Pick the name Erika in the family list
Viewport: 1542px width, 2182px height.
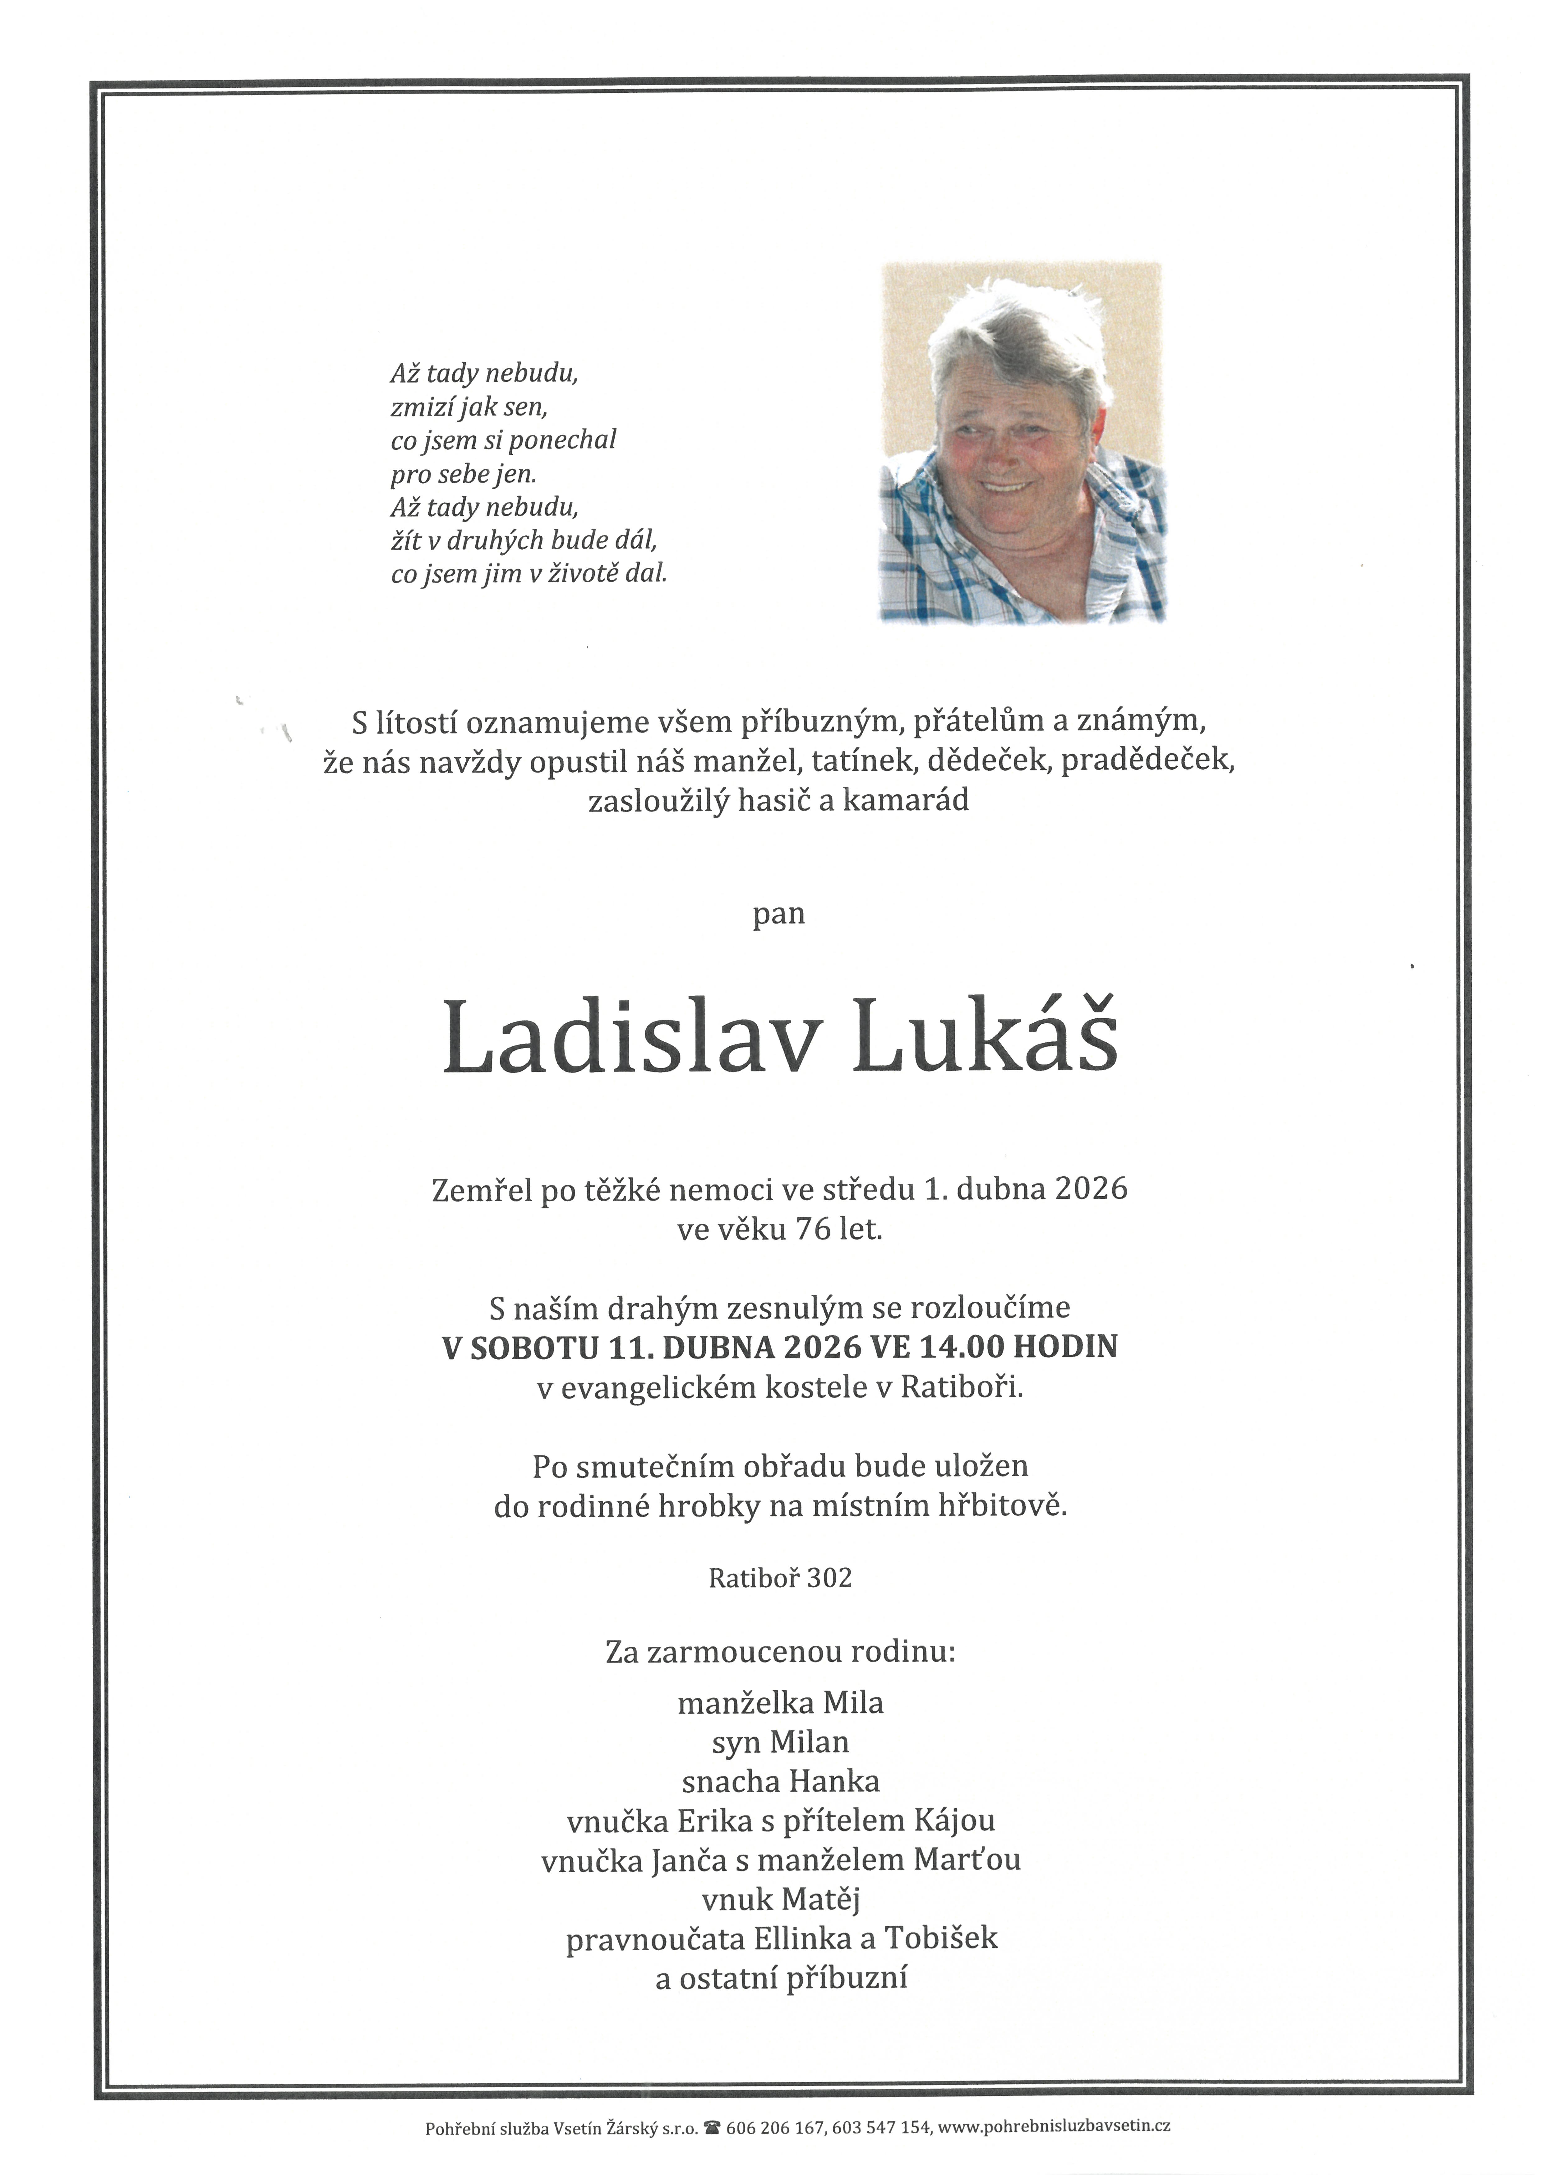coord(714,1821)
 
